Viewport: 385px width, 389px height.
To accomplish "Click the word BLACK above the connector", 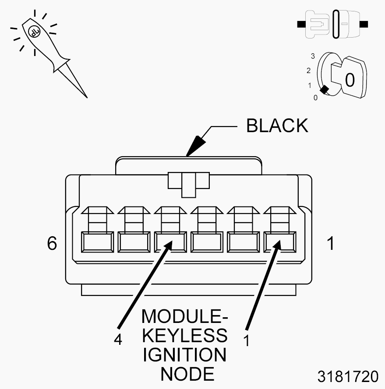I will [x=277, y=126].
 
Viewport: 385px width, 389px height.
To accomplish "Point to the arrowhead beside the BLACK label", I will [x=196, y=145].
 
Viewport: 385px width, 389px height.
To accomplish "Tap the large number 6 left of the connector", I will [x=52, y=243].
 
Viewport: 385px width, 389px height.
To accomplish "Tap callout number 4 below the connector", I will [x=117, y=340].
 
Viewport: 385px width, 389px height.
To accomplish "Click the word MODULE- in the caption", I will [x=185, y=316].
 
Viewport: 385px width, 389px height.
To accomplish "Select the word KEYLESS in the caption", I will [x=185, y=336].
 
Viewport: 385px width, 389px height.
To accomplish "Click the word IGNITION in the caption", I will [x=185, y=354].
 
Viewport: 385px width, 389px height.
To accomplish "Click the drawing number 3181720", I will [x=348, y=377].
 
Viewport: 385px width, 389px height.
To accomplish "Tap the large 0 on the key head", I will [x=350, y=80].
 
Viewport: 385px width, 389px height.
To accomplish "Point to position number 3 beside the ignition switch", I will [x=313, y=56].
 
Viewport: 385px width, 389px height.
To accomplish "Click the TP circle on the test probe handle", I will [x=33, y=31].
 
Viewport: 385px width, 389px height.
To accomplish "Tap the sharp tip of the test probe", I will [x=87, y=96].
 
